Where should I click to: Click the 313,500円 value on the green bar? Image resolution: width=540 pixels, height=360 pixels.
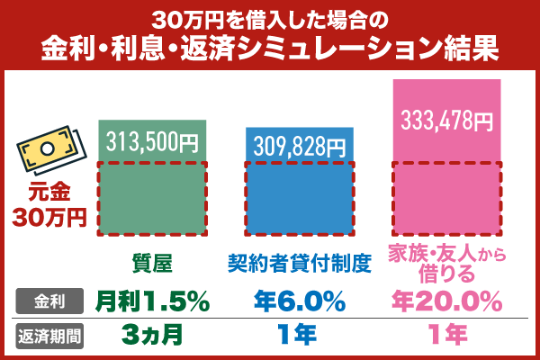click(x=151, y=141)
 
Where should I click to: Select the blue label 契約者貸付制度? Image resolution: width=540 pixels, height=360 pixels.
click(x=299, y=263)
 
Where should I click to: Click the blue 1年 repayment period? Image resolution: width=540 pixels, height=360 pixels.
click(x=299, y=336)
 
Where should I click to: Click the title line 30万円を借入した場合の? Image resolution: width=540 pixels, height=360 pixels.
click(x=269, y=17)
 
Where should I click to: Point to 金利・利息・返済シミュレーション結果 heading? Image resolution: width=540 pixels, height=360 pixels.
click(x=269, y=47)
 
